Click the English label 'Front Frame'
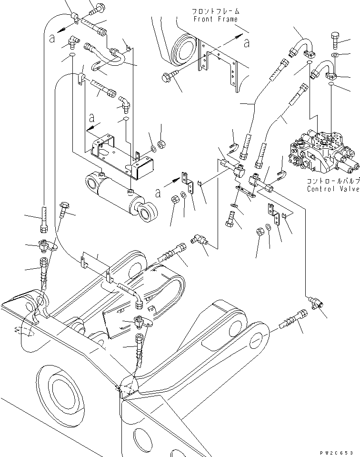coord(215,19)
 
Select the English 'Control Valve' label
coord(333,189)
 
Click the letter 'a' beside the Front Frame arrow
coord(246,43)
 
